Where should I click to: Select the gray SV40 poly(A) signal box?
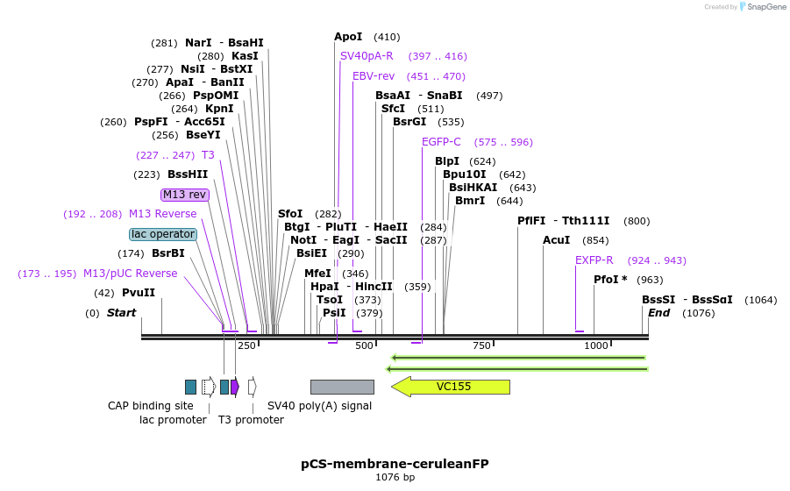click(342, 387)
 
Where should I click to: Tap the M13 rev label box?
click(185, 195)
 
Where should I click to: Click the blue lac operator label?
click(163, 234)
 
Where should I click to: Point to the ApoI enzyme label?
click(348, 37)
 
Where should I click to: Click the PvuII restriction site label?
click(139, 293)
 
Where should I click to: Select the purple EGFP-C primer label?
click(441, 142)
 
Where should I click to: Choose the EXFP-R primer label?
click(594, 260)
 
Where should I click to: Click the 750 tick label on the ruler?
click(481, 345)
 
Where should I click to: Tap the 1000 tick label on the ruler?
click(596, 345)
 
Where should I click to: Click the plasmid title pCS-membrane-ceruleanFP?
click(395, 463)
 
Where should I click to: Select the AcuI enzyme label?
click(557, 240)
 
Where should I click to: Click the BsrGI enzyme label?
click(409, 122)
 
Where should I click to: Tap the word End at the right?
click(658, 313)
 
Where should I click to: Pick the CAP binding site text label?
click(151, 406)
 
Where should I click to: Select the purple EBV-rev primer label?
click(374, 76)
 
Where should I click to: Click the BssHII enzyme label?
click(188, 174)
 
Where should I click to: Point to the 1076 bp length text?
click(395, 478)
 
